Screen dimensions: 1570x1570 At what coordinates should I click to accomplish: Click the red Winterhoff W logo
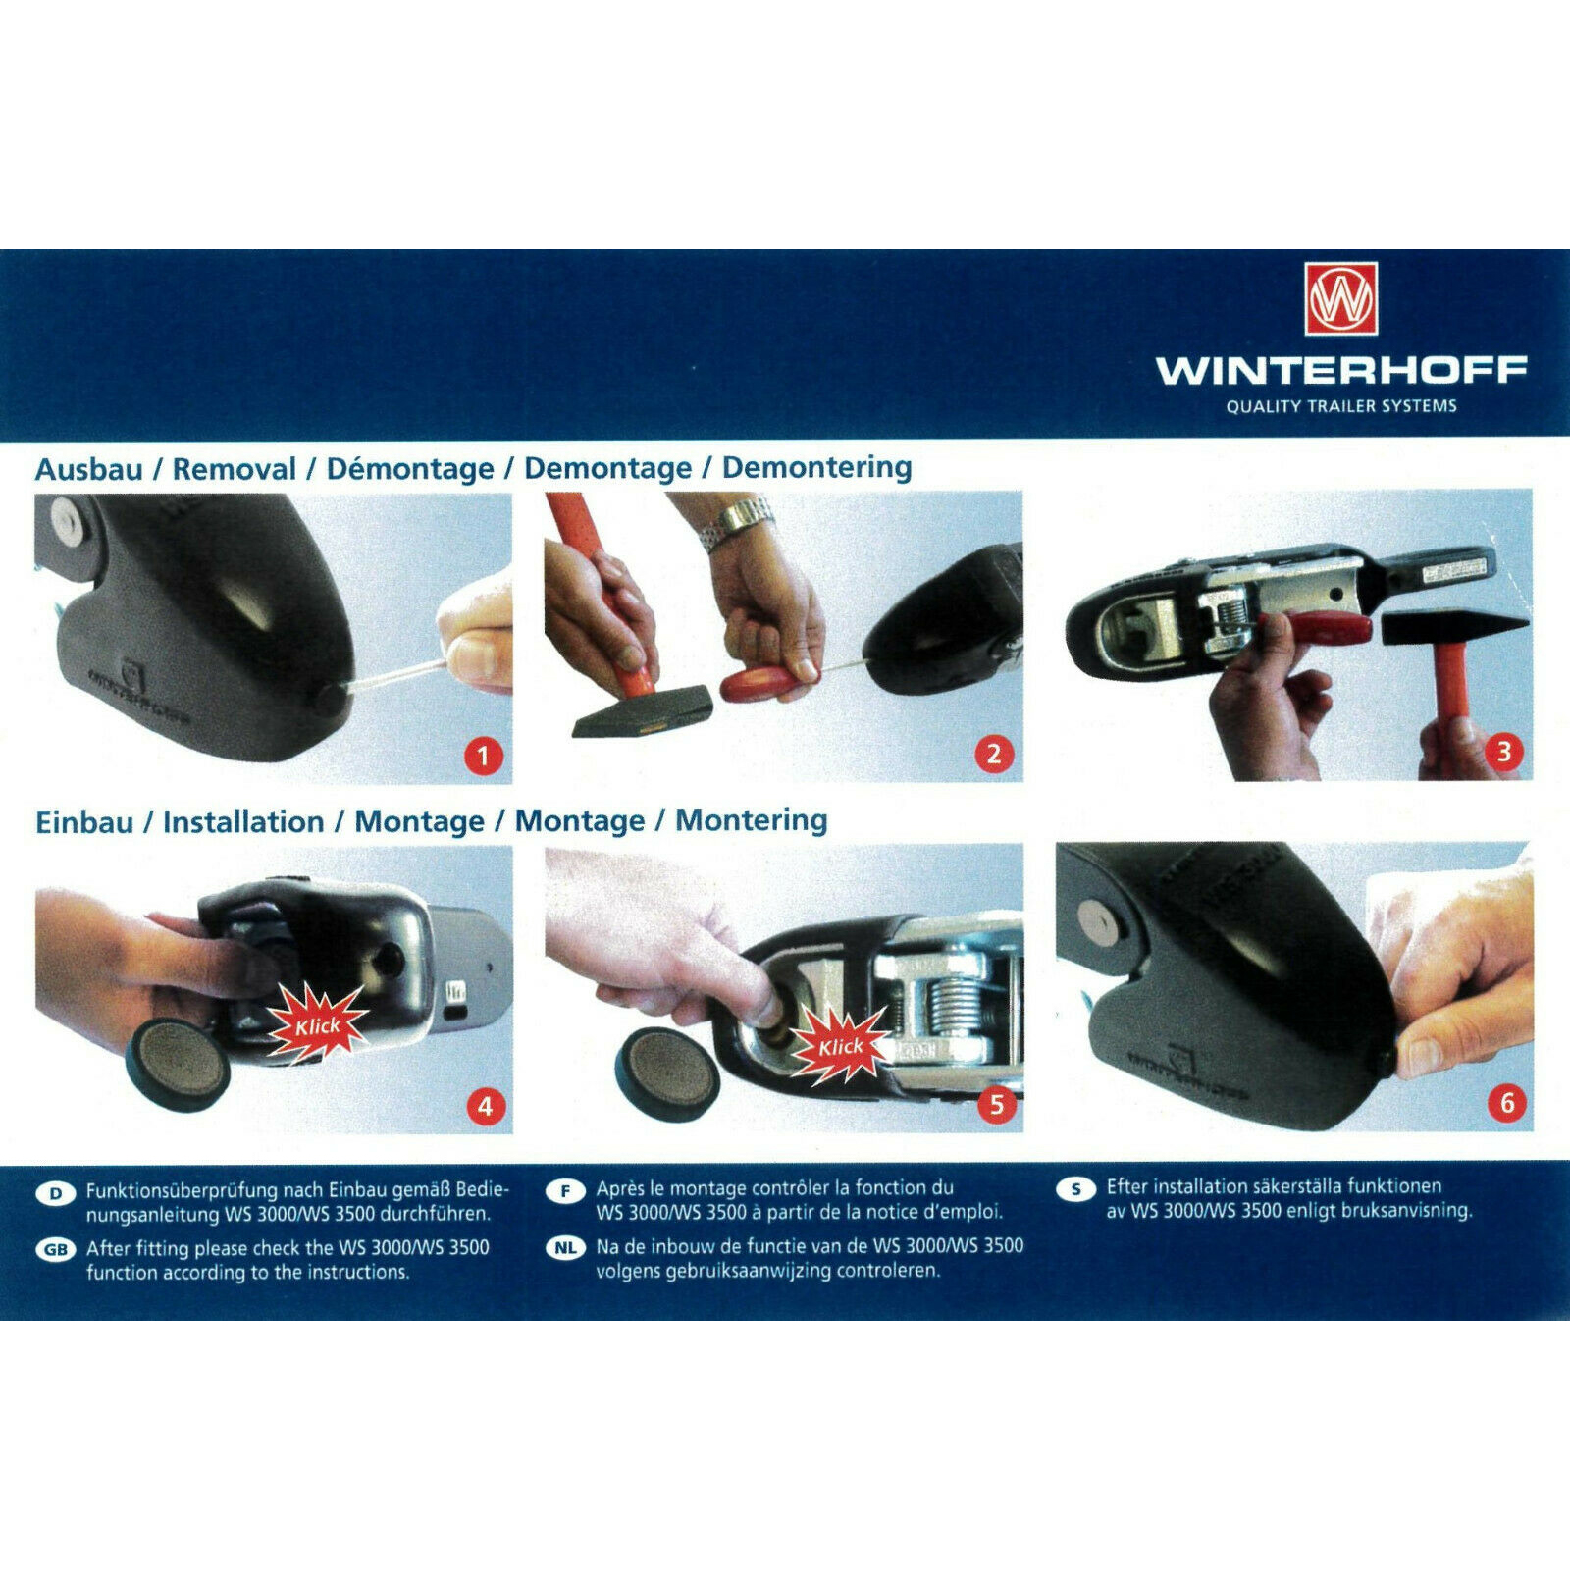1341,298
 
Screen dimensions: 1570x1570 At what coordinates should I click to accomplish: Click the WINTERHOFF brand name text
1341,371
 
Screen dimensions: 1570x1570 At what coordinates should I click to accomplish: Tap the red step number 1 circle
483,756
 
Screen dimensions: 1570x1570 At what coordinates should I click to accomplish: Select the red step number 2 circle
994,754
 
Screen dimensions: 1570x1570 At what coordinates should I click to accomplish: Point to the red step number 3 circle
1504,752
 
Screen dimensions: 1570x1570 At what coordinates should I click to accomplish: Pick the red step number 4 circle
485,1107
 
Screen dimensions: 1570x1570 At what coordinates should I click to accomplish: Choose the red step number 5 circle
997,1105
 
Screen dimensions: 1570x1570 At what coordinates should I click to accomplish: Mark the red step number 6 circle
1507,1103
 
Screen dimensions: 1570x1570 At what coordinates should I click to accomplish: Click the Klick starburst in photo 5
841,1046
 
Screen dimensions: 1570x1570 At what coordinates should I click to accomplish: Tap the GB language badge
55,1249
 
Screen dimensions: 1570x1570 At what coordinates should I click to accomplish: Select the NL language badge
565,1248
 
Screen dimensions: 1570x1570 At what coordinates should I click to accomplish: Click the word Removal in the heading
234,469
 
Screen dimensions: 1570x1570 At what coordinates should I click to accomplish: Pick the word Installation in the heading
243,821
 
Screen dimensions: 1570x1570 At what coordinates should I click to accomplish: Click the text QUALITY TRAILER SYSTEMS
1341,406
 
